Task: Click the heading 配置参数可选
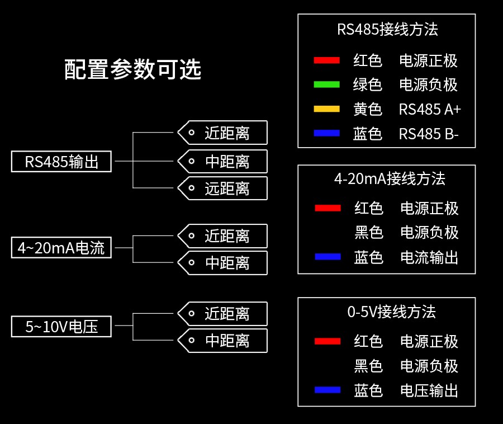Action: pyautogui.click(x=132, y=70)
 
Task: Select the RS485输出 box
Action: pyautogui.click(x=61, y=162)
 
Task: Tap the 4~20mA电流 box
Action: pyautogui.click(x=61, y=247)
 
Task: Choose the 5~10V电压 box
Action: pyautogui.click(x=61, y=327)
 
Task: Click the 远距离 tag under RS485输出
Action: pyautogui.click(x=223, y=189)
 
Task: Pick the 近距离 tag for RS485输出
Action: pyautogui.click(x=223, y=133)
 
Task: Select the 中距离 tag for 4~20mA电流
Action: pyautogui.click(x=223, y=263)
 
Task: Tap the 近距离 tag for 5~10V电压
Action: pyautogui.click(x=223, y=314)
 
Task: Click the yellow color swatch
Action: pyautogui.click(x=327, y=109)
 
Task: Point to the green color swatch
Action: pyautogui.click(x=327, y=84)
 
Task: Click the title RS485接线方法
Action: pyautogui.click(x=387, y=30)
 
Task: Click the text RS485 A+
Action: pyautogui.click(x=430, y=110)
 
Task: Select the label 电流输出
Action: pyautogui.click(x=429, y=257)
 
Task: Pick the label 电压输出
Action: pyautogui.click(x=429, y=390)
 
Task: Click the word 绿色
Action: pyautogui.click(x=368, y=85)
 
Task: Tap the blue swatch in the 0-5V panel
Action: pyautogui.click(x=327, y=390)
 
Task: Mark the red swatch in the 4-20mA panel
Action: pyautogui.click(x=328, y=208)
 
